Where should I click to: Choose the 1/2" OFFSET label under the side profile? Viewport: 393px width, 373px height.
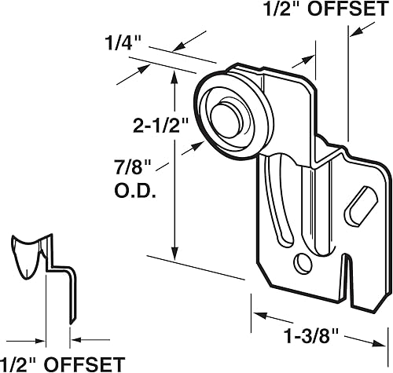pyautogui.click(x=62, y=363)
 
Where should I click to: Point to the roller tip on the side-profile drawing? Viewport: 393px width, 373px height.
pyautogui.click(x=22, y=255)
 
